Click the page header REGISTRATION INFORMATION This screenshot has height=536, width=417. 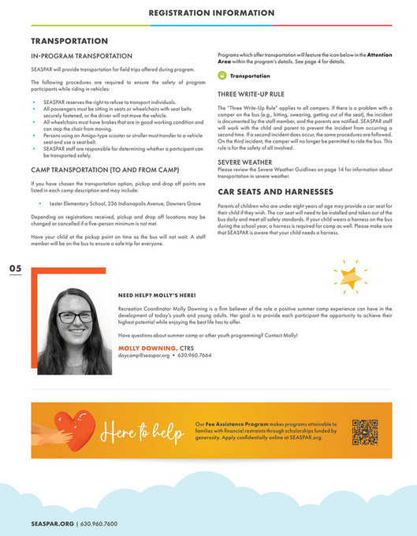(211, 13)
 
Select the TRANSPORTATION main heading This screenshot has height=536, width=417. (69, 40)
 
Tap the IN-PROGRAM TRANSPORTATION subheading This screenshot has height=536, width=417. (81, 57)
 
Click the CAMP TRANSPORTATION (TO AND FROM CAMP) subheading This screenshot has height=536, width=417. (103, 169)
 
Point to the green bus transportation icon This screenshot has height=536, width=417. (222, 76)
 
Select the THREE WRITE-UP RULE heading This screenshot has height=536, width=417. (251, 93)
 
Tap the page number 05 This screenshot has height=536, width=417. (16, 270)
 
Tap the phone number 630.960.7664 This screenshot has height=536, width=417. (194, 355)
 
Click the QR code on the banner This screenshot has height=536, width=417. (364, 431)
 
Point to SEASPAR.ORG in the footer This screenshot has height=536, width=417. (52, 523)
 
